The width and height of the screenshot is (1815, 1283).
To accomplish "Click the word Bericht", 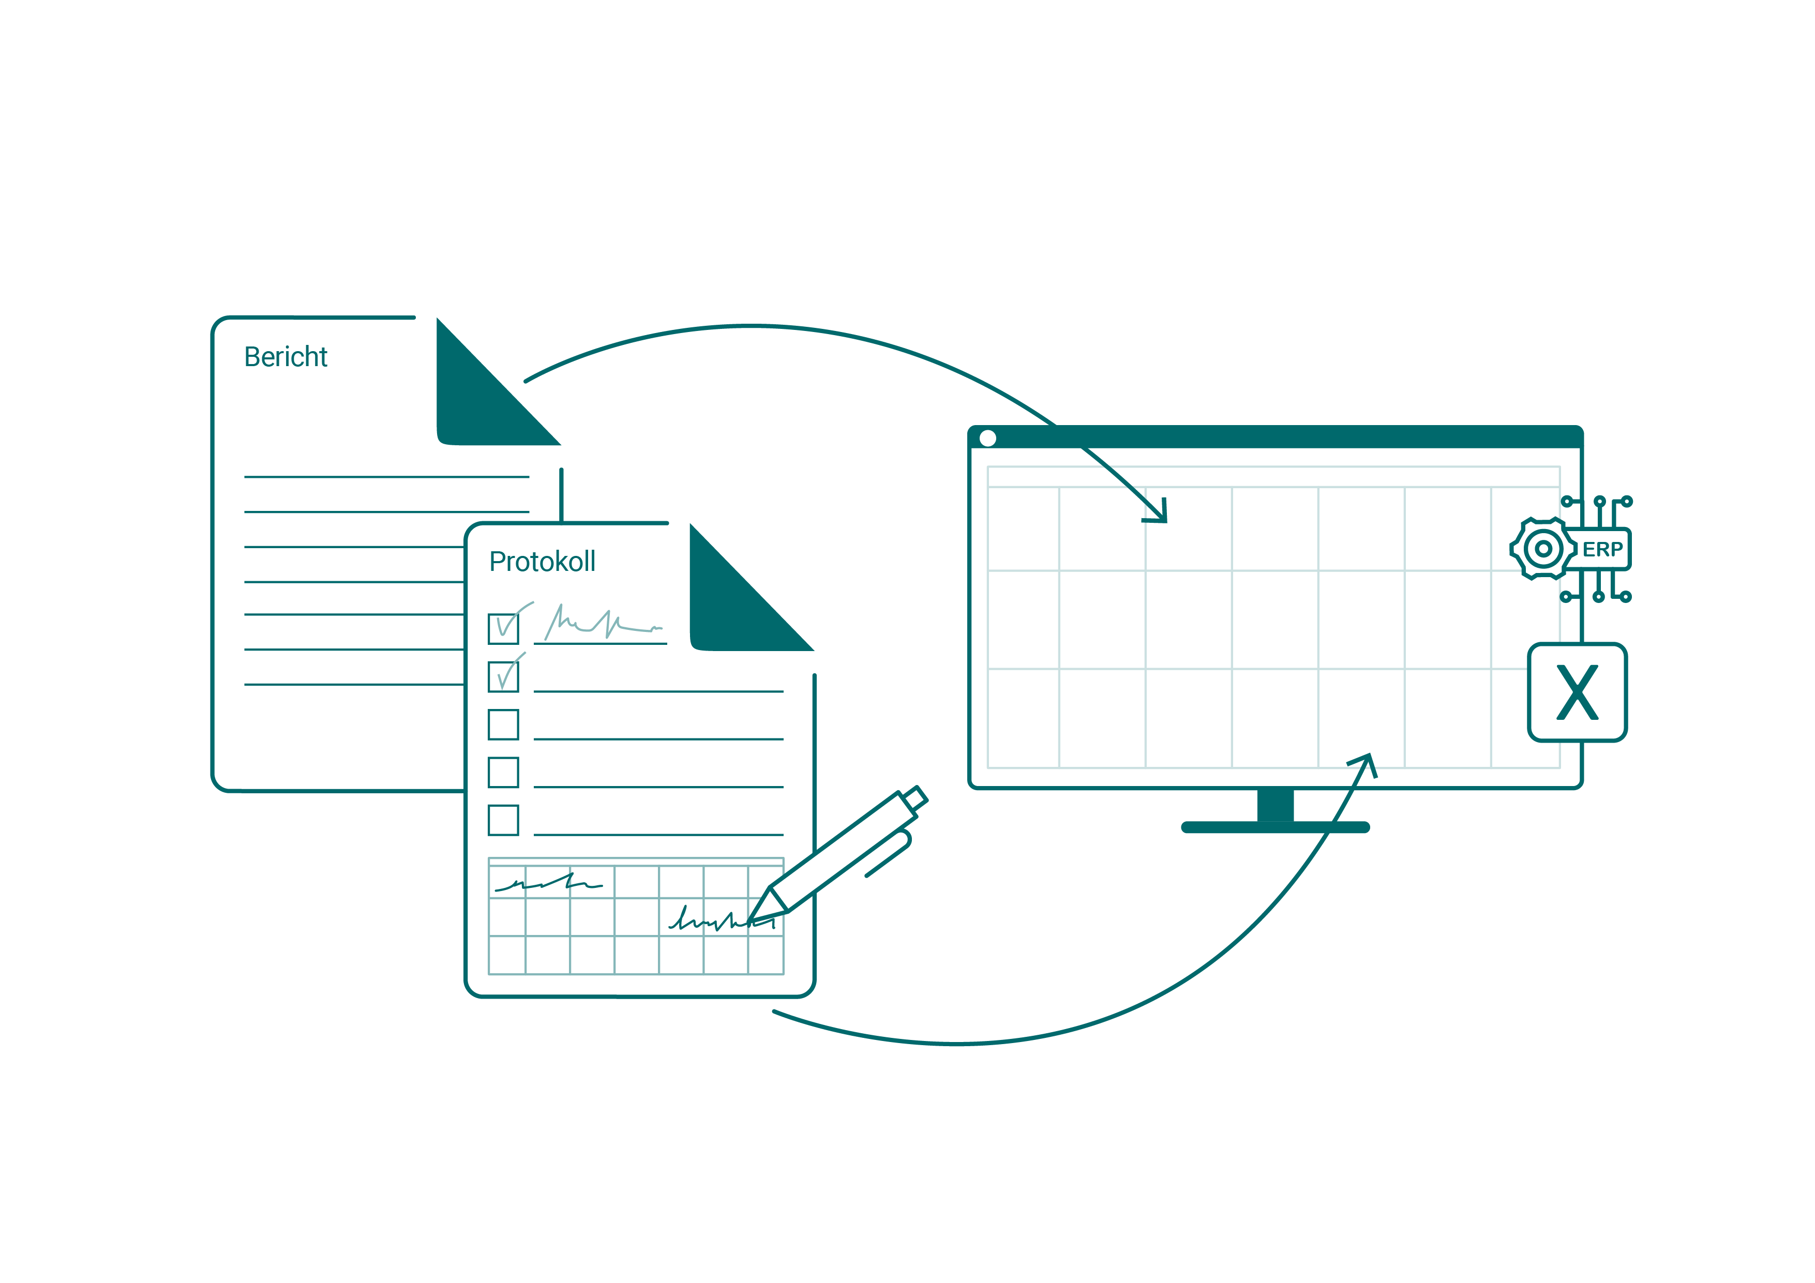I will tap(286, 357).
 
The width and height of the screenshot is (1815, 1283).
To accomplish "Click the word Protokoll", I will tap(542, 562).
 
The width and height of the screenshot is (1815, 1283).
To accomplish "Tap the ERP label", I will tap(1602, 549).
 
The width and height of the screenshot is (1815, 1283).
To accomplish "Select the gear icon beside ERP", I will tap(1542, 549).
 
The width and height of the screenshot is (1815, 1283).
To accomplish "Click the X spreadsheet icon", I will tap(1577, 692).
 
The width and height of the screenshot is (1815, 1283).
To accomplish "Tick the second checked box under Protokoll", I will tap(504, 677).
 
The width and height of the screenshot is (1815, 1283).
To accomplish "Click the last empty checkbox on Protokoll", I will tap(504, 820).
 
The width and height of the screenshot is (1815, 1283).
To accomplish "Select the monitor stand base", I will tap(1275, 827).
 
